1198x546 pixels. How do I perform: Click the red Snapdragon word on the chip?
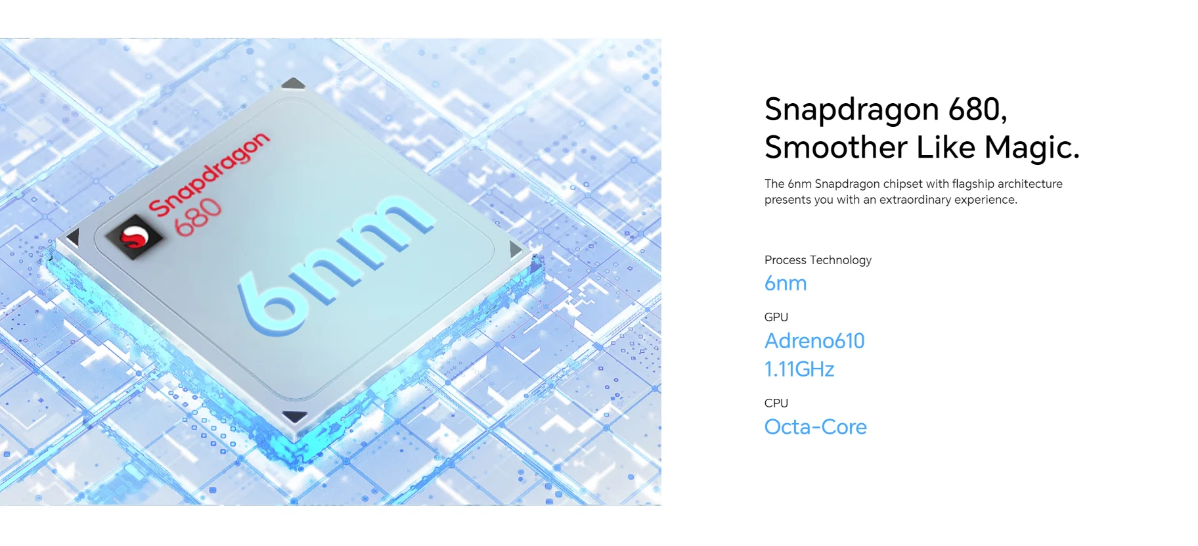[210, 173]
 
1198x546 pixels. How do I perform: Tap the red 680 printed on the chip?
[198, 217]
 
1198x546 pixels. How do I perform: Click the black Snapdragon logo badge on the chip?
[135, 237]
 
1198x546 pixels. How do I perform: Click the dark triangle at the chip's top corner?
[294, 83]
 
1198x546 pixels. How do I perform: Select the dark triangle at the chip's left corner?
[73, 237]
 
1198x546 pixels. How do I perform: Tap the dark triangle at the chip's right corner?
[516, 249]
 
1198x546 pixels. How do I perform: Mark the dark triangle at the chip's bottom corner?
[294, 417]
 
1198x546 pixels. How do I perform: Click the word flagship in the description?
[973, 184]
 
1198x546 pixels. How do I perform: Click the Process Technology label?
[818, 260]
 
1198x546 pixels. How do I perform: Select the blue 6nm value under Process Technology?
[786, 284]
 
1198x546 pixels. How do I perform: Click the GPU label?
[776, 317]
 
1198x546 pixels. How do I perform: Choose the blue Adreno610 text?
[814, 341]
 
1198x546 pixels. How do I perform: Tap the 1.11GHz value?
[799, 369]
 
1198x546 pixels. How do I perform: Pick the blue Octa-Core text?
[816, 427]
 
